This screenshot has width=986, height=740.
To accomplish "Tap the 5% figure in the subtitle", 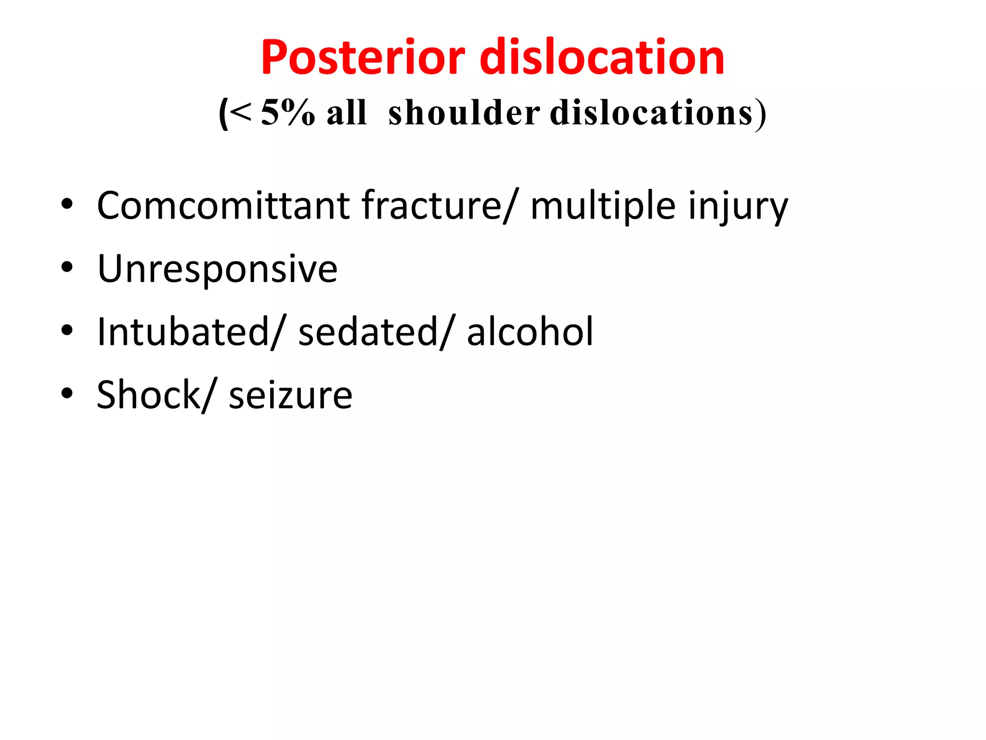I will tap(287, 113).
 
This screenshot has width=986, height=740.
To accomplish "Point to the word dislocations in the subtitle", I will tap(651, 113).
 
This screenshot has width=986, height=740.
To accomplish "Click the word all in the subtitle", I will tap(347, 113).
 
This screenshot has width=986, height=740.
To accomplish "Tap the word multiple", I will tap(603, 206).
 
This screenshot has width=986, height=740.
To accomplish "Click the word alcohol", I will tap(530, 332).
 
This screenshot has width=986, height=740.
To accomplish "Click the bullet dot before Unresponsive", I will tap(67, 267).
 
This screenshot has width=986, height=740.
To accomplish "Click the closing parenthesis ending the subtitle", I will tap(760, 114).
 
